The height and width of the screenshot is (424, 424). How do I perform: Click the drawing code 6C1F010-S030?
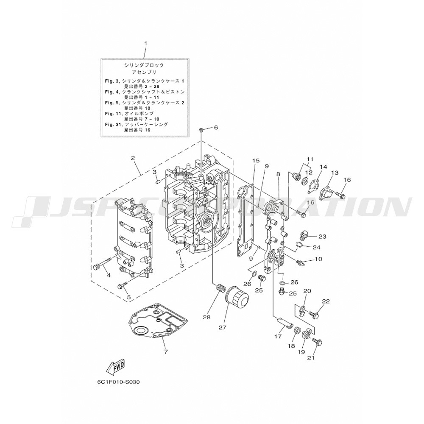115,381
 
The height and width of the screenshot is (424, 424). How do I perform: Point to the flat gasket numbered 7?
157,323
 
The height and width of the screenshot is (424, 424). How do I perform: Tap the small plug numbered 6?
202,130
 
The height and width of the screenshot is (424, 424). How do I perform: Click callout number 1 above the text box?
145,43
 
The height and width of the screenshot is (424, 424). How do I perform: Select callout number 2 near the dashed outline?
133,158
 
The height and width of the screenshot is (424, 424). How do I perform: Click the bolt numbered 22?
315,315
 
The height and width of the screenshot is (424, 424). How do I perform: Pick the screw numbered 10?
301,262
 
